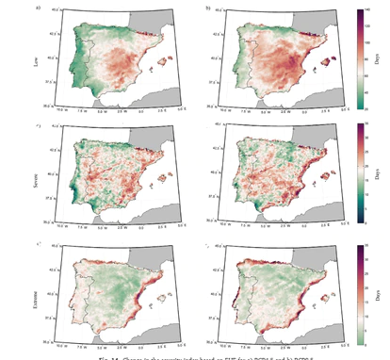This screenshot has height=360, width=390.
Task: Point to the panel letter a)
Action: point(37,7)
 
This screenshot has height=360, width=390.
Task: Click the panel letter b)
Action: point(208,7)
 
